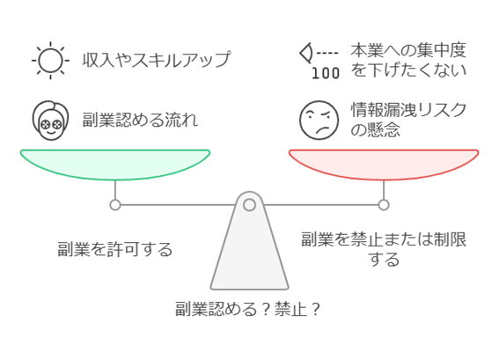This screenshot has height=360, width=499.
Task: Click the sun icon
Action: tap(50, 60)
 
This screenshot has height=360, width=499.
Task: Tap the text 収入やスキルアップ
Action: tap(157, 60)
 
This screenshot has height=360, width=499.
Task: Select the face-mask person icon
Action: tap(50, 121)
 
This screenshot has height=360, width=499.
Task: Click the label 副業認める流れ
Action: tap(140, 120)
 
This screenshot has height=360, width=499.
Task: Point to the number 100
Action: tap(326, 73)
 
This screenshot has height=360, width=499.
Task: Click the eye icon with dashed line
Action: tap(319, 53)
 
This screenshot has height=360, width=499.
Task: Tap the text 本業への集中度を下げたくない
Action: tap(408, 60)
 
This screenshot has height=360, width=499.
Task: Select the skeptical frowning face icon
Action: tap(319, 121)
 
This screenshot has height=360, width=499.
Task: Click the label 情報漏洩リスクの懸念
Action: tap(408, 120)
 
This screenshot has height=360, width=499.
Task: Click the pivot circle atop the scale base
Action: tap(250, 205)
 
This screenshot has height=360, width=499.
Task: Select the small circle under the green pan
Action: tap(115, 205)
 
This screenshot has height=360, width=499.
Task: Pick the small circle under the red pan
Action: tap(384, 205)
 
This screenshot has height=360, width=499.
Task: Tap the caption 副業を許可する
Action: tap(115, 249)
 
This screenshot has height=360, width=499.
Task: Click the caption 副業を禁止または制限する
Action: tap(384, 249)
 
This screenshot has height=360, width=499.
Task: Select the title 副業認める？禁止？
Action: tap(248, 309)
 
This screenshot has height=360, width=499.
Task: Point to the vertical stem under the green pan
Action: tap(115, 190)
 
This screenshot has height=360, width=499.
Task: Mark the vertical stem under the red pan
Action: tap(384, 190)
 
